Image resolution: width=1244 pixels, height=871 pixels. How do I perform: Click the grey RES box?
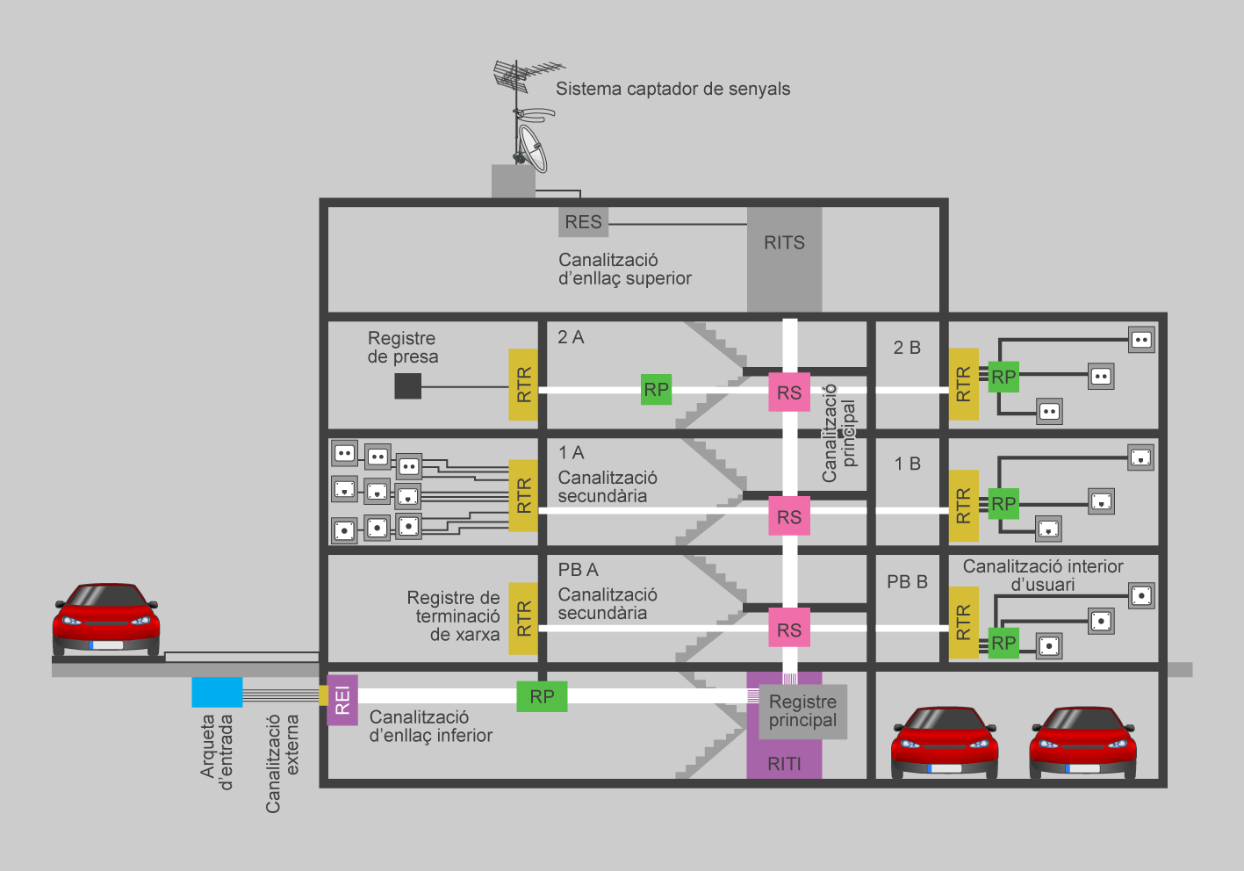pos(583,222)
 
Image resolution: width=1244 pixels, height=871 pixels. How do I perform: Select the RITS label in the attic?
pos(784,243)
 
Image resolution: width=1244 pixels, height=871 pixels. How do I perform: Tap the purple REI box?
pos(342,700)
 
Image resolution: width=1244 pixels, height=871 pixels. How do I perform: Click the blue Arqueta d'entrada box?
pos(217,692)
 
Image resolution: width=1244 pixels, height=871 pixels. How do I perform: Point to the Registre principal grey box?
pos(802,711)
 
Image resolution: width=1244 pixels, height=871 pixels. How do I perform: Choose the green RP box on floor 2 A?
pos(656,390)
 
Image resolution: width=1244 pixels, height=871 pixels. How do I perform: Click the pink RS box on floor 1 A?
pos(788,516)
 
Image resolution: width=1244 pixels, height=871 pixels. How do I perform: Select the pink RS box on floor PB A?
pos(788,630)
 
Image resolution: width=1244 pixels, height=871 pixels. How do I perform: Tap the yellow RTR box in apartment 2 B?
pos(963,385)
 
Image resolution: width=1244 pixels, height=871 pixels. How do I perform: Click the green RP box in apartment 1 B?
pos(1003,504)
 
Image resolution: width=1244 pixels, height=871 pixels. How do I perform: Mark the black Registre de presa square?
pos(407,386)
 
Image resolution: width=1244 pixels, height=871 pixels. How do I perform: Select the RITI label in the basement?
pos(784,764)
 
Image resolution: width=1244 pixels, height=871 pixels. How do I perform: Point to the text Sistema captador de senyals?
pos(672,89)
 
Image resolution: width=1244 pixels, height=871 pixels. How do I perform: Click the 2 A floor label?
pos(571,337)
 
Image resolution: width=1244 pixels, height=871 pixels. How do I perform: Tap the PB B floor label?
pos(907,581)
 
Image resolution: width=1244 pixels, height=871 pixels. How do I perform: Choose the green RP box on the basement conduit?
pos(542,696)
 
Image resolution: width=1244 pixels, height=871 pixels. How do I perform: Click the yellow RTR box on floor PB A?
pos(523,619)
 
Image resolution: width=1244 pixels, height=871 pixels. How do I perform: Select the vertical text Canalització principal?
pos(838,433)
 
